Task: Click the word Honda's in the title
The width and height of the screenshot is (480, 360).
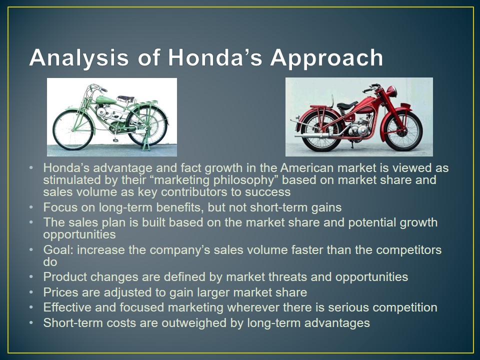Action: tap(215, 57)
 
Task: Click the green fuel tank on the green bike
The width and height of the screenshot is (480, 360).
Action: tap(106, 100)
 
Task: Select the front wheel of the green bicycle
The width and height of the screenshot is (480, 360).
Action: tap(72, 130)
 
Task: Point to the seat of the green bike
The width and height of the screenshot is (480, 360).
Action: tap(125, 98)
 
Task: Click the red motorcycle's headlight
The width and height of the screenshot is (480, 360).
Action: tap(392, 91)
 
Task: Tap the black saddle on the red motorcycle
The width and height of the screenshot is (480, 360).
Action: tap(346, 105)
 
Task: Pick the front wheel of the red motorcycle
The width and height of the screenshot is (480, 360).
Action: tap(403, 130)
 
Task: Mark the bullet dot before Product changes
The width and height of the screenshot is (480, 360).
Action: tap(31, 277)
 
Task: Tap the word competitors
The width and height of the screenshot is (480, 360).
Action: tap(408, 250)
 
